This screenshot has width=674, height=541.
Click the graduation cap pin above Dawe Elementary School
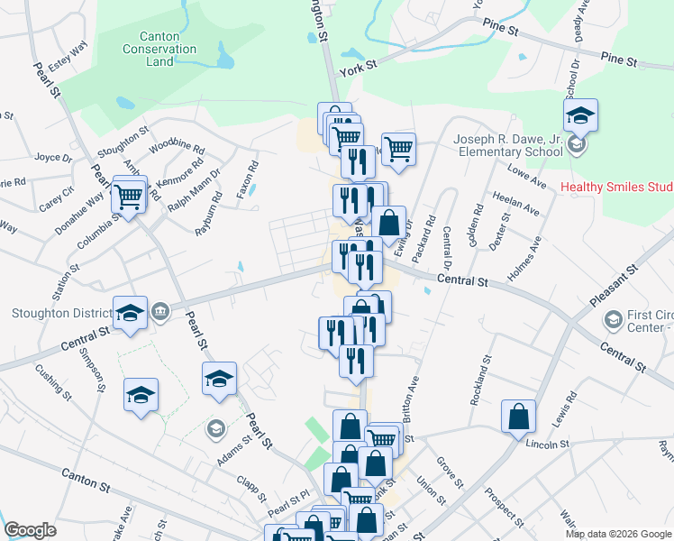[580, 116]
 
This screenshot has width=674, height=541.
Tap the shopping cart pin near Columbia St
[129, 195]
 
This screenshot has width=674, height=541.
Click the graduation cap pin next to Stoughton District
[130, 314]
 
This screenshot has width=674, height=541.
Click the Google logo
[30, 530]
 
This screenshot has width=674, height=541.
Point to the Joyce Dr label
[52, 156]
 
